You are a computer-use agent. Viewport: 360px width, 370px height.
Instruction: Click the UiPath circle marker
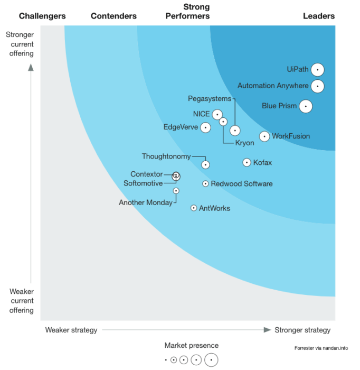point(317,70)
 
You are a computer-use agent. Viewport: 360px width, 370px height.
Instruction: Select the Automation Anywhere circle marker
point(317,86)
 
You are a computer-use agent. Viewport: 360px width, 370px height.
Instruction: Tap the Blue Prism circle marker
point(305,106)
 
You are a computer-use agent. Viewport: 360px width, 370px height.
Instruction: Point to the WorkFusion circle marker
point(264,136)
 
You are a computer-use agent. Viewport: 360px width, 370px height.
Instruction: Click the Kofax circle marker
point(247,163)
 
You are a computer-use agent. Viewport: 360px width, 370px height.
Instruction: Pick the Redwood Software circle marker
point(205,184)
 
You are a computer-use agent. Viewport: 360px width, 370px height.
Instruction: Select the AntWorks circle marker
point(194,208)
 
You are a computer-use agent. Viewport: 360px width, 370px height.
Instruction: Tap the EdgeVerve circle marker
point(205,127)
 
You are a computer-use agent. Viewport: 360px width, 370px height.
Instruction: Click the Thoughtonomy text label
point(166,156)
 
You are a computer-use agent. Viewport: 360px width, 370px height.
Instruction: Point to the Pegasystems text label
point(210,99)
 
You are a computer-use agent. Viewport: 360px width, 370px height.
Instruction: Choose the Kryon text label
point(244,143)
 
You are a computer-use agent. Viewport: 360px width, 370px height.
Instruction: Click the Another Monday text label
point(145,202)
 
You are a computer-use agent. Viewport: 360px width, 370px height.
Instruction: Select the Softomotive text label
point(143,183)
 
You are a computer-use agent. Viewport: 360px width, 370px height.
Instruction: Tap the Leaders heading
point(318,16)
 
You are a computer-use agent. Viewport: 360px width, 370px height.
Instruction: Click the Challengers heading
point(42,16)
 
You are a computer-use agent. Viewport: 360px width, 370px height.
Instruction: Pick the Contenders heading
point(113,16)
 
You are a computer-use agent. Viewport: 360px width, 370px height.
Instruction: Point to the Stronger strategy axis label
point(302,330)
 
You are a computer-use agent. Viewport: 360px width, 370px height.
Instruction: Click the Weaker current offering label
point(22,301)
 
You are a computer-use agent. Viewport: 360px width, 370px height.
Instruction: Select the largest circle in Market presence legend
point(211,360)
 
